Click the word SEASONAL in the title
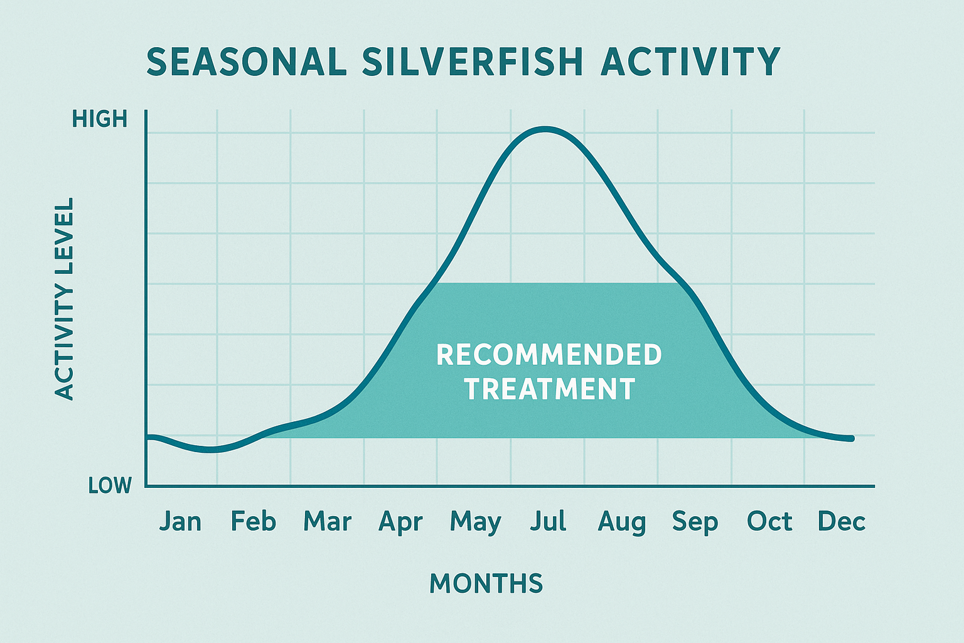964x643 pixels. pyautogui.click(x=247, y=62)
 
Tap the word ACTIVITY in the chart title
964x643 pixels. pyautogui.click(x=690, y=62)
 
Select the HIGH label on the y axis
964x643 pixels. pyautogui.click(x=100, y=119)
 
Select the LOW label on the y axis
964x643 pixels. pyautogui.click(x=110, y=485)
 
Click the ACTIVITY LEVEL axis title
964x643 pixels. pyautogui.click(x=65, y=299)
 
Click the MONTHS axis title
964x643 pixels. pyautogui.click(x=486, y=584)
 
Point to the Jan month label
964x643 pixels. pyautogui.click(x=180, y=522)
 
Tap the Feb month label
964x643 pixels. pyautogui.click(x=254, y=522)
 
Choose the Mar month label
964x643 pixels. pyautogui.click(x=327, y=522)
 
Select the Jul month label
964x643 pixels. pyautogui.click(x=548, y=522)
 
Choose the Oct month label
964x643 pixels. pyautogui.click(x=769, y=522)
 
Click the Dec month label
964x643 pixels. pyautogui.click(x=842, y=522)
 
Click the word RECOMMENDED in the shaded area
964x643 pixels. pyautogui.click(x=549, y=355)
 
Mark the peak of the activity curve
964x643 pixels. pyautogui.click(x=545, y=129)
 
